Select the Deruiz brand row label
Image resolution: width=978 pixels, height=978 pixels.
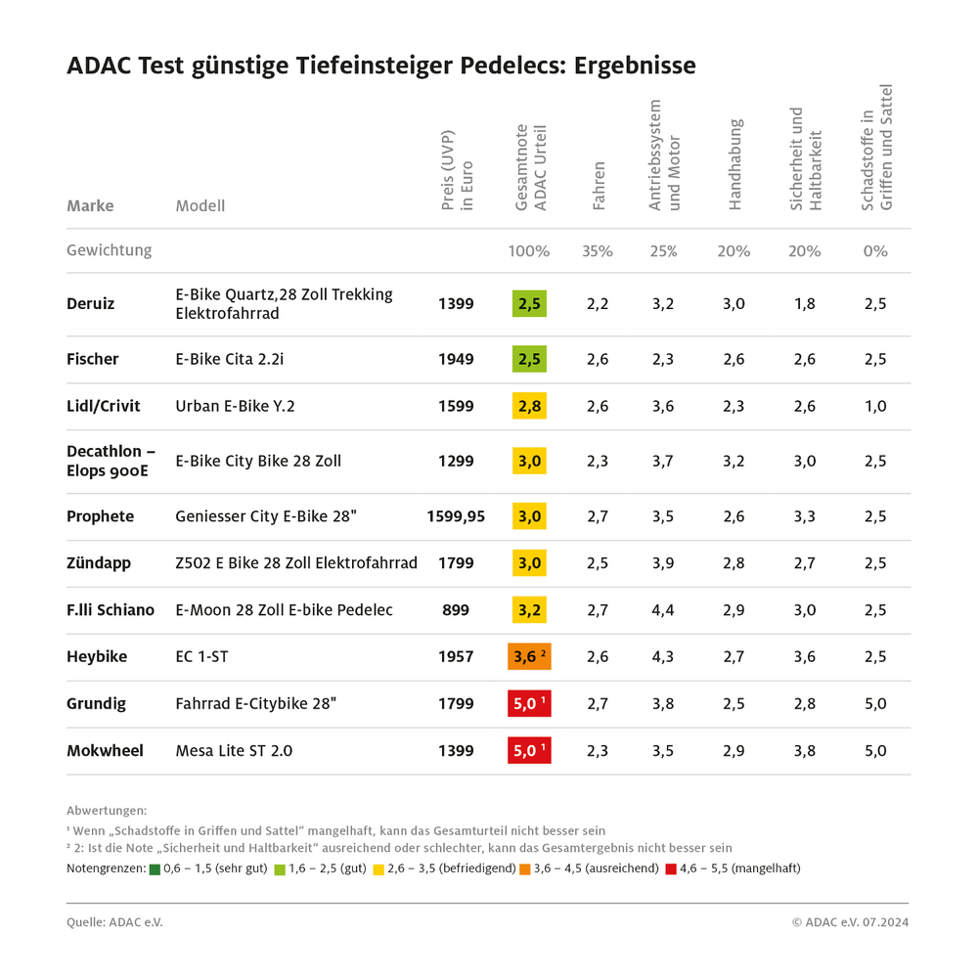click(x=90, y=304)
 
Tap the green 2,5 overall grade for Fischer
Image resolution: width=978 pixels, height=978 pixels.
click(x=529, y=359)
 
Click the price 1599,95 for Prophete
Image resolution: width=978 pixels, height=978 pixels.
click(x=456, y=516)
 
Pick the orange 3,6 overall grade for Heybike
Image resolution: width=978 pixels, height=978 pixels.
click(x=530, y=657)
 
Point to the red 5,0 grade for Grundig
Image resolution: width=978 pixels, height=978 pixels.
click(x=529, y=704)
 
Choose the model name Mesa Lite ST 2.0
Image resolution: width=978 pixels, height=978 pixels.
click(x=234, y=751)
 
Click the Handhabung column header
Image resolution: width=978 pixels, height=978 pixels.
click(x=735, y=164)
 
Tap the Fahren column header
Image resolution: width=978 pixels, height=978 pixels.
click(x=599, y=186)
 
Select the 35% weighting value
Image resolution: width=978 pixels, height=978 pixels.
click(x=598, y=251)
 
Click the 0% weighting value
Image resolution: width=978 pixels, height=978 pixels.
click(x=875, y=251)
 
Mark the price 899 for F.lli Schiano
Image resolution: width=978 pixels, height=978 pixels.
click(x=456, y=610)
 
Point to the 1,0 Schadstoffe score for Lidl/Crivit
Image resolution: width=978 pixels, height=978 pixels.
click(x=875, y=406)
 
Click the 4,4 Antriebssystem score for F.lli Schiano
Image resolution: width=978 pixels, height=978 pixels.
click(x=663, y=610)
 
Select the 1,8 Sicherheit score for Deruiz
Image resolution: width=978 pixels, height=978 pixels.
click(x=804, y=304)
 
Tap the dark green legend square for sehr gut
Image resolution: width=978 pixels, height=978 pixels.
click(x=156, y=868)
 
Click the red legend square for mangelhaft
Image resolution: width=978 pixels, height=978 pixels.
click(x=671, y=868)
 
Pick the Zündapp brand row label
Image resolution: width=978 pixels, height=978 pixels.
click(x=98, y=563)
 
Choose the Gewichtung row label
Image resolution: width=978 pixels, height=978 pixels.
click(x=109, y=250)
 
